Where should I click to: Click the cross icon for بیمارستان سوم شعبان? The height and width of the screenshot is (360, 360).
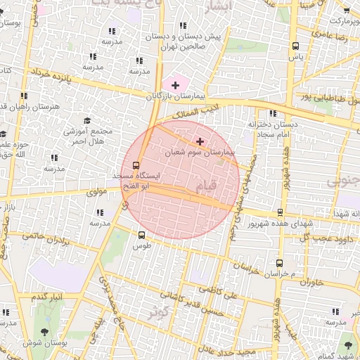pyautogui.click(x=200, y=141)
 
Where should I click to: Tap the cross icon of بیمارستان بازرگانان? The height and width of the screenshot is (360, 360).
pyautogui.click(x=175, y=85)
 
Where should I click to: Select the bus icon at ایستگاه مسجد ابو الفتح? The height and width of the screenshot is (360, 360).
pyautogui.click(x=126, y=166)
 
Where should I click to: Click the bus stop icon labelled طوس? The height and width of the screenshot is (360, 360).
pyautogui.click(x=141, y=236)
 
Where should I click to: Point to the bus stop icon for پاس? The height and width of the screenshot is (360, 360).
pyautogui.click(x=295, y=46)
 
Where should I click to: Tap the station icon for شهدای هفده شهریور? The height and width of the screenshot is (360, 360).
pyautogui.click(x=281, y=212)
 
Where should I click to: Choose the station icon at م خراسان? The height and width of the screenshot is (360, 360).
pyautogui.click(x=278, y=262)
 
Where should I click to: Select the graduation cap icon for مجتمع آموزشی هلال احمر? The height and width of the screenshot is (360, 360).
pyautogui.click(x=87, y=121)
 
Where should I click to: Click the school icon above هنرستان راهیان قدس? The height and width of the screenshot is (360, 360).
pyautogui.click(x=24, y=96)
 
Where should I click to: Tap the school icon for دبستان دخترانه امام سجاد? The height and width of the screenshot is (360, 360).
pyautogui.click(x=272, y=113)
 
